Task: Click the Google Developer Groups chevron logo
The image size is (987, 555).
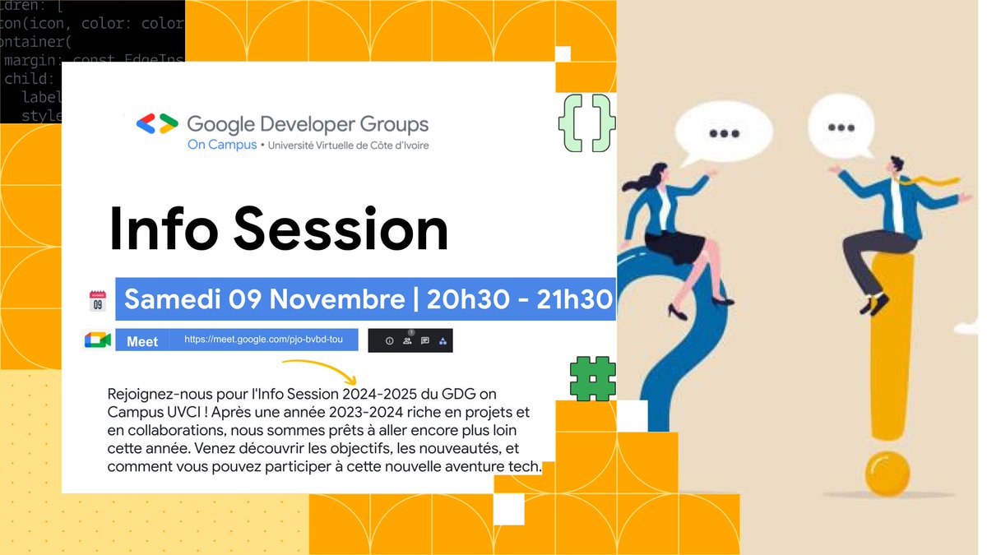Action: [157, 123]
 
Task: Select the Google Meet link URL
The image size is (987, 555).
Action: [263, 339]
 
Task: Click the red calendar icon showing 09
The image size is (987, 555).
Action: [98, 300]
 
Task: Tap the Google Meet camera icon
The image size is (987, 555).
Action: [97, 340]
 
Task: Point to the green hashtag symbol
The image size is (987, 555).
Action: [593, 379]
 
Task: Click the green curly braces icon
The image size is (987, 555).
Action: [586, 123]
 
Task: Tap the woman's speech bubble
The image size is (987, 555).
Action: [723, 132]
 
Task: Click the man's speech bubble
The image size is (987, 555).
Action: [841, 127]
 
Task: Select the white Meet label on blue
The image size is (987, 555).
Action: [142, 340]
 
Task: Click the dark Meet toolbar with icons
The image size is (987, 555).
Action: [410, 340]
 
